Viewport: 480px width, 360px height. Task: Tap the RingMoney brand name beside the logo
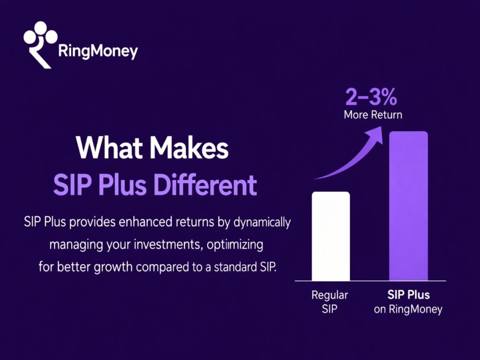(x=98, y=51)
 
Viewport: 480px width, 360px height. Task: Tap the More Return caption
(x=373, y=115)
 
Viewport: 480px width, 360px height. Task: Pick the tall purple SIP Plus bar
(x=408, y=206)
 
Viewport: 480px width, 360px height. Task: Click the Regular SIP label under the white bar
(x=330, y=302)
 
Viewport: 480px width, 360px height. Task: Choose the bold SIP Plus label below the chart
(x=408, y=295)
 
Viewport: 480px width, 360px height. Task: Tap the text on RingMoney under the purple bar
(x=408, y=310)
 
